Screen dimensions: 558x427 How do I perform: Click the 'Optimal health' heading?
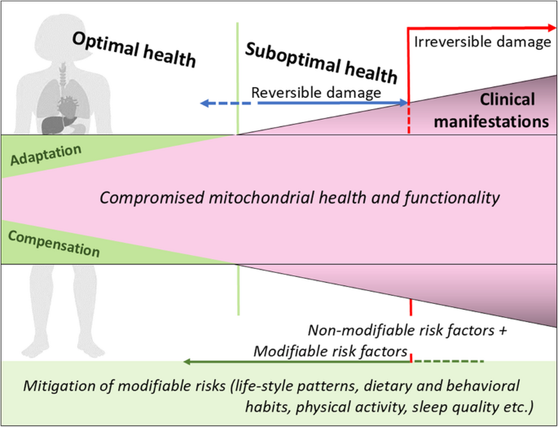click(x=134, y=50)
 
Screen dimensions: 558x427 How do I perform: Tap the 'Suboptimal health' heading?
click(x=321, y=63)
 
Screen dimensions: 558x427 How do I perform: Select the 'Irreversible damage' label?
click(x=482, y=42)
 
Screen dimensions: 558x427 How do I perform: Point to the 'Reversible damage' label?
click(x=316, y=93)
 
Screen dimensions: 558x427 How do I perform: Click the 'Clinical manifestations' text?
click(x=491, y=110)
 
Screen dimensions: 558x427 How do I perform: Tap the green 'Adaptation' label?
click(x=46, y=156)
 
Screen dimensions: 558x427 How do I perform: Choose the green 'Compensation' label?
click(x=54, y=244)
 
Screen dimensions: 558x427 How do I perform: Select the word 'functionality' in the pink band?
click(x=451, y=198)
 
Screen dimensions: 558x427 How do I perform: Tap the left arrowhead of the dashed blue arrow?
click(x=204, y=103)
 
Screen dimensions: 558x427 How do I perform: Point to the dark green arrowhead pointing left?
click(x=187, y=362)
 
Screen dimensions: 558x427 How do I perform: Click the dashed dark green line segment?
click(x=448, y=362)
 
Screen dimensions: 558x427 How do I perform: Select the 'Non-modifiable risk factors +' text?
click(x=407, y=331)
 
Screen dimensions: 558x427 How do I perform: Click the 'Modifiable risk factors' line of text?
click(x=330, y=351)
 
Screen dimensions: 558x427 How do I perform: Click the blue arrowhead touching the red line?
click(x=403, y=103)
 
